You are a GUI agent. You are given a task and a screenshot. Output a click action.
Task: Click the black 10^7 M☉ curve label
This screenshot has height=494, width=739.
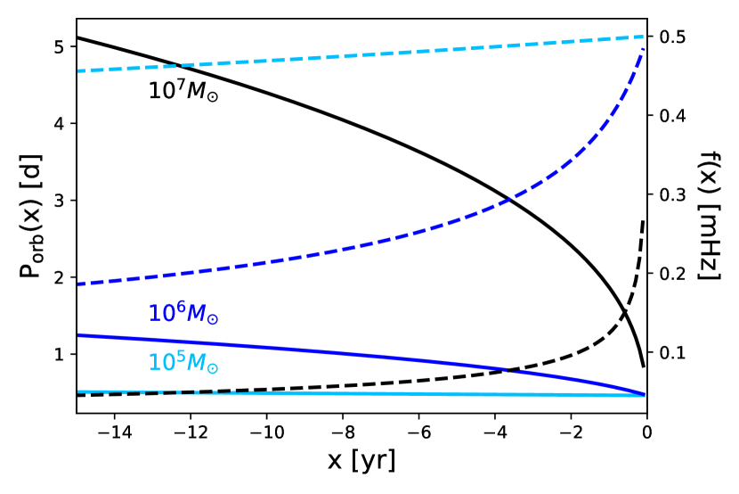pos(183,90)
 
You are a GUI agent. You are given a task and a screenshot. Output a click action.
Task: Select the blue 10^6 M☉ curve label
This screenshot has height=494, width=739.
pos(183,313)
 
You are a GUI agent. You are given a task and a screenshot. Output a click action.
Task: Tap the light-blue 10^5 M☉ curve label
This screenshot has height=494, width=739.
pos(183,364)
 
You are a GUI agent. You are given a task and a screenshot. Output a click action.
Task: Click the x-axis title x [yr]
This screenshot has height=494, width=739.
pos(362,463)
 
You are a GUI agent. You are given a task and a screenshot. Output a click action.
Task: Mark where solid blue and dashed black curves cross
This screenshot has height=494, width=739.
pos(508,370)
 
